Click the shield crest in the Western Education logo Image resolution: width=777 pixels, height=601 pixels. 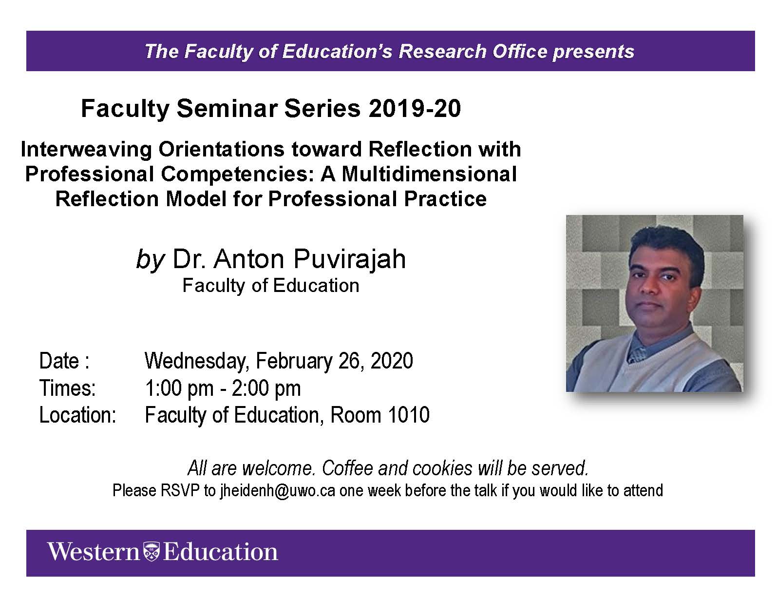click(152, 552)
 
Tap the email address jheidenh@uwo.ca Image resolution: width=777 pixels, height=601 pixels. click(278, 491)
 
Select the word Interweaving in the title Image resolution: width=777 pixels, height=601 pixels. click(86, 150)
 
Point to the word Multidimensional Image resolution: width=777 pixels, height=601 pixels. click(429, 174)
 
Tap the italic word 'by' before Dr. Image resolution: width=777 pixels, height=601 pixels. click(150, 260)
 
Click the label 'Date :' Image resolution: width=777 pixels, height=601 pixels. click(64, 361)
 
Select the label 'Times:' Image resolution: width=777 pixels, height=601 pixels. click(68, 388)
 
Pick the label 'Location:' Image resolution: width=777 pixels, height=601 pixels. click(77, 415)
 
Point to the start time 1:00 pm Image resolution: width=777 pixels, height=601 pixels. click(179, 389)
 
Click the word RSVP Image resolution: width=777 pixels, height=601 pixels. click(180, 490)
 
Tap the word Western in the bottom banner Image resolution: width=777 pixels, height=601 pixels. click(94, 552)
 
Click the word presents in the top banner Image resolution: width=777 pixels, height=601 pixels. click(593, 52)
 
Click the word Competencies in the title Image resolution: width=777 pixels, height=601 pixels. click(237, 174)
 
